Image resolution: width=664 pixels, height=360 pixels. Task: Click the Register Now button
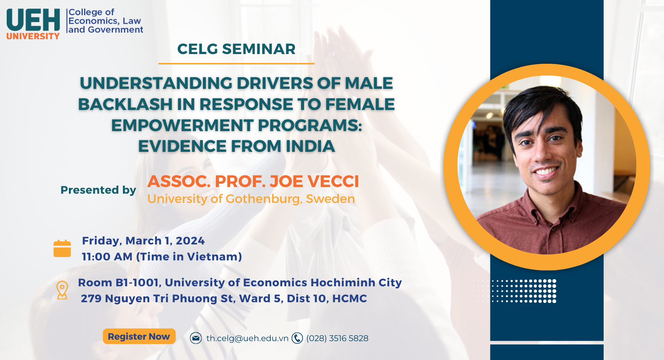pyautogui.click(x=139, y=336)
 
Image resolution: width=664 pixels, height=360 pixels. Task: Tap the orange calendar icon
pyautogui.click(x=62, y=249)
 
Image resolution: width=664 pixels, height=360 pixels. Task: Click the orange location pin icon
pyautogui.click(x=62, y=290)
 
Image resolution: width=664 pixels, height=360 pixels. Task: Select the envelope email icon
pyautogui.click(x=196, y=338)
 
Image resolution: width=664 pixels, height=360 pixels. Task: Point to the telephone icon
pyautogui.click(x=297, y=338)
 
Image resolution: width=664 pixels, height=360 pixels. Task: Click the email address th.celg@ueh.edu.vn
pyautogui.click(x=247, y=339)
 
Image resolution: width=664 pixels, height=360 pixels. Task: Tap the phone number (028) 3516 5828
pyautogui.click(x=337, y=339)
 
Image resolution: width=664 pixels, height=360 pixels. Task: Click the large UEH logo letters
pyautogui.click(x=33, y=20)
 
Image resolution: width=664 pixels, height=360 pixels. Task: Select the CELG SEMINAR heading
pyautogui.click(x=236, y=49)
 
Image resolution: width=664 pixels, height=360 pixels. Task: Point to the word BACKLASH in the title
pyautogui.click(x=125, y=104)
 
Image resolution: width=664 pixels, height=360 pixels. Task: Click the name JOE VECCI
pyautogui.click(x=314, y=181)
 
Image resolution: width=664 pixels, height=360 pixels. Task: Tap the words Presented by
pyautogui.click(x=99, y=190)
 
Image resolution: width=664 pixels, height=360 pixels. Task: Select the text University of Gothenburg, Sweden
pyautogui.click(x=251, y=199)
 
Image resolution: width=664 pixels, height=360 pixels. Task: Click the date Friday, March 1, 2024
pyautogui.click(x=143, y=241)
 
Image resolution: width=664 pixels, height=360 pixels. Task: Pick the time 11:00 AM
pyautogui.click(x=107, y=257)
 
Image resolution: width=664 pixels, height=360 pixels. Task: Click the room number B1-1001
pyautogui.click(x=138, y=283)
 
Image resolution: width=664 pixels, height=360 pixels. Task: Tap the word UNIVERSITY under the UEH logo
pyautogui.click(x=33, y=36)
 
